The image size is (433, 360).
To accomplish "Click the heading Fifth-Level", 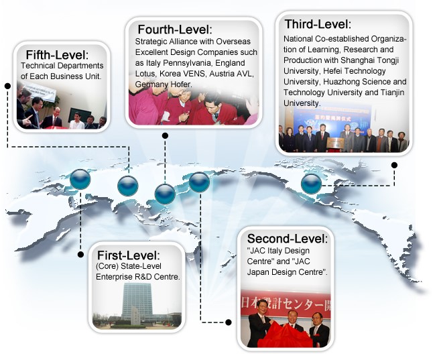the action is point(57,55).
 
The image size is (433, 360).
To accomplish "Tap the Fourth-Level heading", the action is point(175,29).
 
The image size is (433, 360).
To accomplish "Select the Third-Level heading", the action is point(318,24).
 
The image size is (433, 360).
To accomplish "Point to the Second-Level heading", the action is point(287,239).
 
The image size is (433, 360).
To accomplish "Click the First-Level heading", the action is point(129,255).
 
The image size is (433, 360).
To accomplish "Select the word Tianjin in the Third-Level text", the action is point(392,93).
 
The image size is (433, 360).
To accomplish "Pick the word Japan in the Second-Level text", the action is point(258,272).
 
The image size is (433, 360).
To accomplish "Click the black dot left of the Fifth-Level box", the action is point(8,86).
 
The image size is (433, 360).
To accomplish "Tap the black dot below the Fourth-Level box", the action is point(165,135).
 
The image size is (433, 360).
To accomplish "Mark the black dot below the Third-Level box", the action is point(395,165).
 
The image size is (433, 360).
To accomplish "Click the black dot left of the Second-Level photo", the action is point(229,322).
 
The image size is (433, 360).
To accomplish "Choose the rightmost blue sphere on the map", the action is point(311,184).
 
